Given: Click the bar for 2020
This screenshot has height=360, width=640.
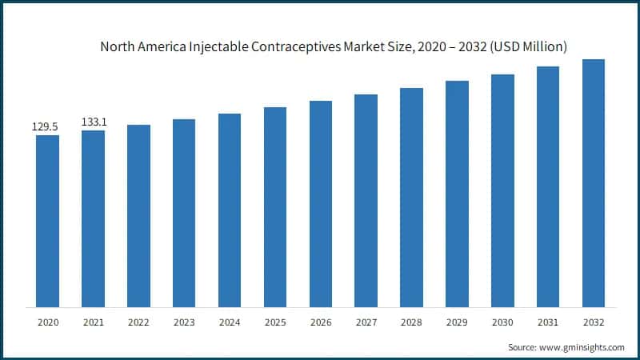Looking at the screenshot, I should pos(47,221).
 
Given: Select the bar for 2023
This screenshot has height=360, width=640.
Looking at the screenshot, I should pos(184,213).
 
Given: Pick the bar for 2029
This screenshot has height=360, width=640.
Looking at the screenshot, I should pos(457,194).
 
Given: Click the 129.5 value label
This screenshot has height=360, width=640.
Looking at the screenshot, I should pos(46,126).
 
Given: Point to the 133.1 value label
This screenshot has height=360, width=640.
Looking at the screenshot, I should pos(93,122).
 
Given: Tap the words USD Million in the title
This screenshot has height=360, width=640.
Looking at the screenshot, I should pos(529,47).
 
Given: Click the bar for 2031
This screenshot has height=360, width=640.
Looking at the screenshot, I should pos(548,186).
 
